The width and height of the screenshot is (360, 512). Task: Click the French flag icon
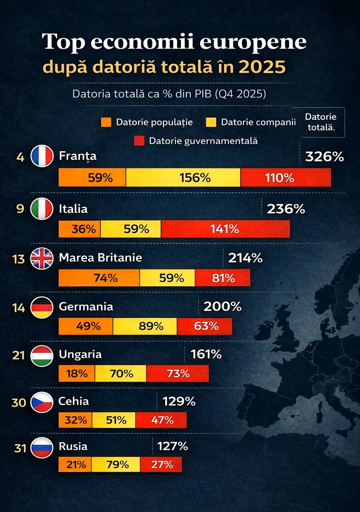pyautogui.click(x=42, y=156)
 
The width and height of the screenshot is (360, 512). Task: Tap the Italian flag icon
pyautogui.click(x=42, y=209)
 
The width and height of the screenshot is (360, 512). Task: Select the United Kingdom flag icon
pyautogui.click(x=42, y=259)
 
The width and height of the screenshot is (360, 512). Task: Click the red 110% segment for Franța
pyautogui.click(x=285, y=178)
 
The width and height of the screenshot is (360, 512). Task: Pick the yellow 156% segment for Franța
pyautogui.click(x=183, y=178)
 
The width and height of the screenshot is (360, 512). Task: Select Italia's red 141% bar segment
pyautogui.click(x=225, y=229)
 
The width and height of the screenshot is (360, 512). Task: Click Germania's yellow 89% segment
pyautogui.click(x=145, y=326)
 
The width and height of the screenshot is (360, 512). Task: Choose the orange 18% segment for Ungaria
pyautogui.click(x=77, y=374)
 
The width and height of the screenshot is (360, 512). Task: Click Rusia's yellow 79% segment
pyautogui.click(x=117, y=465)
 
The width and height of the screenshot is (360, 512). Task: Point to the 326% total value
pyautogui.click(x=324, y=157)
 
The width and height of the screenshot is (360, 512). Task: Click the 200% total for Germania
pyautogui.click(x=222, y=307)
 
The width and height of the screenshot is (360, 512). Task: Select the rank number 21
pyautogui.click(x=19, y=355)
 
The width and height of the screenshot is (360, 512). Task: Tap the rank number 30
pyautogui.click(x=19, y=402)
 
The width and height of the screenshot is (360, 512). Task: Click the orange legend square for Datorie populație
pyautogui.click(x=106, y=122)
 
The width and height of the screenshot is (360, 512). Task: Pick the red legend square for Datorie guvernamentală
pyautogui.click(x=139, y=140)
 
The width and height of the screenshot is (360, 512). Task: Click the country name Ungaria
pyautogui.click(x=80, y=354)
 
